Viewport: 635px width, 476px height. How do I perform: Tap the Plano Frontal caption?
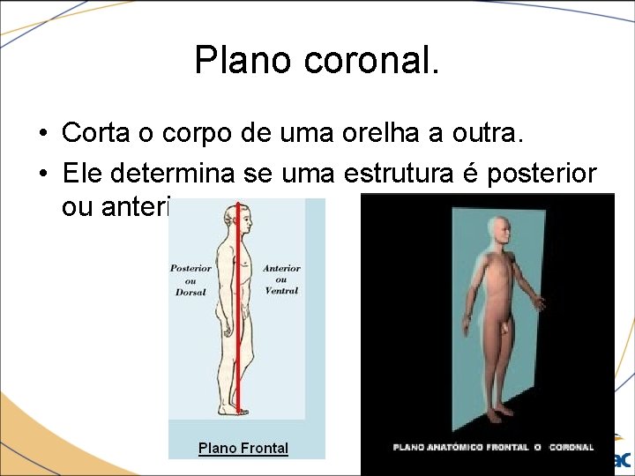tap(243, 448)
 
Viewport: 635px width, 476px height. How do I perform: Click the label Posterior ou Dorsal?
tap(190, 279)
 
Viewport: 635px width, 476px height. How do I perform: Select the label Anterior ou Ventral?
tap(282, 279)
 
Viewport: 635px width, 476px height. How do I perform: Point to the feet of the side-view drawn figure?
tap(234, 409)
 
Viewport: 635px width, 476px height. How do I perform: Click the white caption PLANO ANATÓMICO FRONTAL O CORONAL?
tap(493, 447)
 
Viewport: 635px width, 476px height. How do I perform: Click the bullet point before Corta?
tap(42, 135)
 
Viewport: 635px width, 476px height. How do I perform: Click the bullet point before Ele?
tap(42, 173)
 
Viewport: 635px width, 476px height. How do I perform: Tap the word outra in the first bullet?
tap(489, 134)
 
